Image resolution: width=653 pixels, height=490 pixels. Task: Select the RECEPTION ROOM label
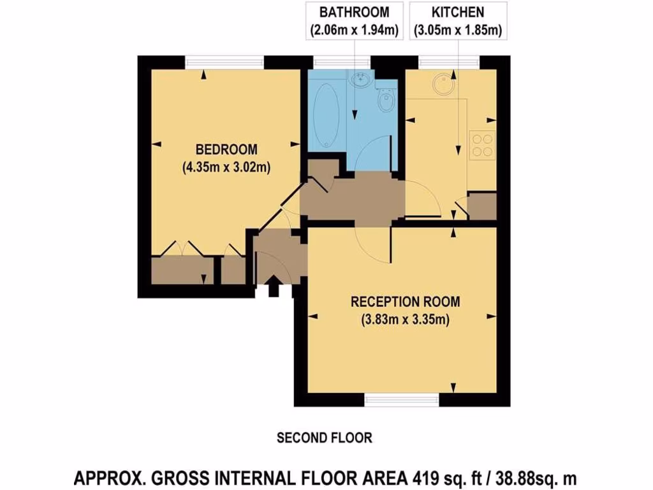click(x=405, y=302)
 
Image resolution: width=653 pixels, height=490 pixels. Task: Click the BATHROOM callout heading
click(x=354, y=12)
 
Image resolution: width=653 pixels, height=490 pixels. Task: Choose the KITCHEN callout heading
click(x=457, y=12)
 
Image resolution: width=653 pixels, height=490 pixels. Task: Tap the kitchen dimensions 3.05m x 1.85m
click(x=457, y=29)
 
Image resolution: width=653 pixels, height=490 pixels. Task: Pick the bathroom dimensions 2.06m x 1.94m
click(x=354, y=29)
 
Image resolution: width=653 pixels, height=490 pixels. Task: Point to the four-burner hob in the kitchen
click(x=483, y=144)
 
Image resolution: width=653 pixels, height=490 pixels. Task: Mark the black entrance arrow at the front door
click(x=273, y=286)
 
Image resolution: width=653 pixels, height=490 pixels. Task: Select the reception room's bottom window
click(x=402, y=400)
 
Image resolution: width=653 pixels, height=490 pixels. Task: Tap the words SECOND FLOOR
click(x=324, y=438)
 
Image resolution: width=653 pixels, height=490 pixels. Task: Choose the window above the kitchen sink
click(x=449, y=63)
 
